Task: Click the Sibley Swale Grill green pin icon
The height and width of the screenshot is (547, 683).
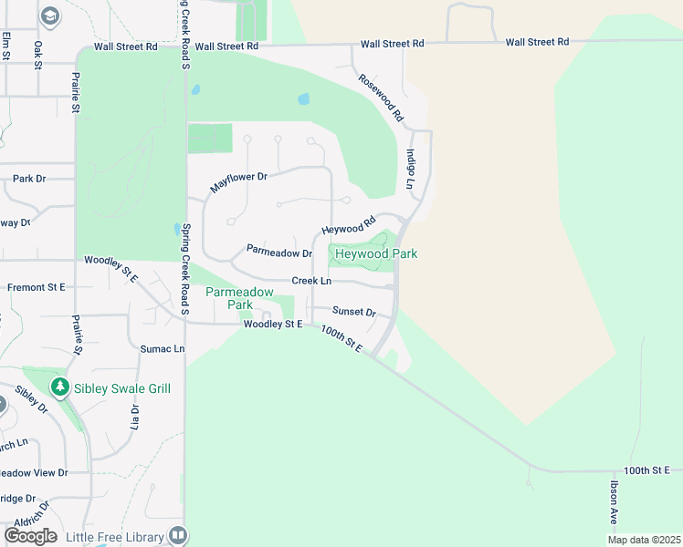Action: pos(60,387)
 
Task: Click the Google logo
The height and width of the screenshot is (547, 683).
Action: pos(30,536)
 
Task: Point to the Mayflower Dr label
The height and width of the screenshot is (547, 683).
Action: pos(237,181)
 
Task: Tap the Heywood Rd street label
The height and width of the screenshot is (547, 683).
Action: pos(349,224)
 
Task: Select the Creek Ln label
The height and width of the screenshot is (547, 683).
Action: pos(311,281)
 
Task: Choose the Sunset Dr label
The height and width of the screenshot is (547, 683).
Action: pos(354,312)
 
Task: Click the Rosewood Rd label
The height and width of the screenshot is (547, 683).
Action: pos(381,98)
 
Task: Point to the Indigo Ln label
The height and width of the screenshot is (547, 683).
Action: pos(411,170)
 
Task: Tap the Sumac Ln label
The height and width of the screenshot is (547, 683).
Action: pos(163,349)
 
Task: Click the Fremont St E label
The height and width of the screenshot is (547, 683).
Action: pos(37,287)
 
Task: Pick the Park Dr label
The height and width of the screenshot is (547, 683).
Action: pos(29,179)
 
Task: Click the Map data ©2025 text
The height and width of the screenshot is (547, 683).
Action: pos(643,540)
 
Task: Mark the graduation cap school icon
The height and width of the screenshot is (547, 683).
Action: pos(50,15)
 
